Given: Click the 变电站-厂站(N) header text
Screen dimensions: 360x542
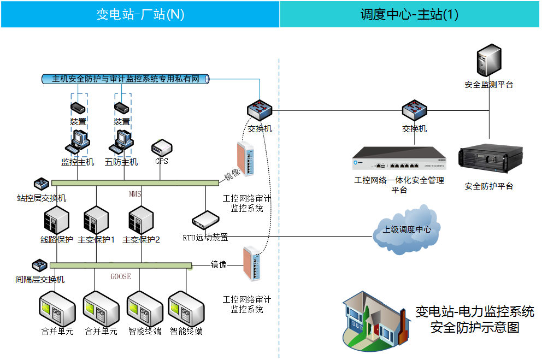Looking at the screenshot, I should pos(140,14).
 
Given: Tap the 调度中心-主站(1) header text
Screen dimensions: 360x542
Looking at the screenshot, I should pos(409,14).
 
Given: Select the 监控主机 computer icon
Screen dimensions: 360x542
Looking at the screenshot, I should pos(77,142).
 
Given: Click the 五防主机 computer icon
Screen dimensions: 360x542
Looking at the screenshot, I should pos(121,142).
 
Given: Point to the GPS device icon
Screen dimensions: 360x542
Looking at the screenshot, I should pos(162,147).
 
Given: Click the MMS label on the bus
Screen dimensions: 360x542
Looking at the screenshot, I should pos(135,194).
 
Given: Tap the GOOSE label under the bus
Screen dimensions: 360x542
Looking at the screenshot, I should pos(121,276).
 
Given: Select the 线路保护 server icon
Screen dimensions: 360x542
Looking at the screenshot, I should pos(56,220).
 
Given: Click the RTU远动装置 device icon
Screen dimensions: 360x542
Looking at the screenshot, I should pos(205,220).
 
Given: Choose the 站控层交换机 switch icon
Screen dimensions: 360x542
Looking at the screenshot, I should pos(41,184).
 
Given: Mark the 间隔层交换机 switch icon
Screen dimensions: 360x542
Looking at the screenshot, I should pos(39,266).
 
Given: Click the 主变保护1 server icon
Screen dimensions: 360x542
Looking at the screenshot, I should pos(96,220).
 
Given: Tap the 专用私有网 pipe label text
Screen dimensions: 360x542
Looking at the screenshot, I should pos(126,79).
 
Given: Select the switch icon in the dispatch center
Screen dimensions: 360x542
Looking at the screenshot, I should pos(414,111).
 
